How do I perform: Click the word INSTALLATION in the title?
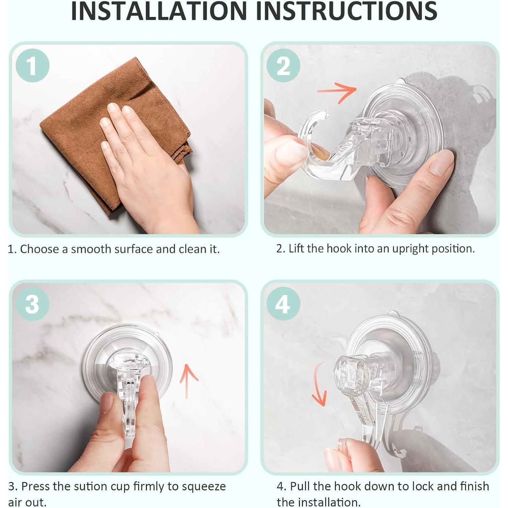click(x=159, y=11)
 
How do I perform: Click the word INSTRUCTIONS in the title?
click(x=346, y=11)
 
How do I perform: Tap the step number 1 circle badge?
click(x=32, y=65)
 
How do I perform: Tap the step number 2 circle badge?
click(x=283, y=65)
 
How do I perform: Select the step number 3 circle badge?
click(x=32, y=304)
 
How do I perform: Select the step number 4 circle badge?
click(x=283, y=304)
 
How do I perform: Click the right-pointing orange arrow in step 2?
click(x=337, y=91)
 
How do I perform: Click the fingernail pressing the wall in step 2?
click(x=441, y=163)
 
